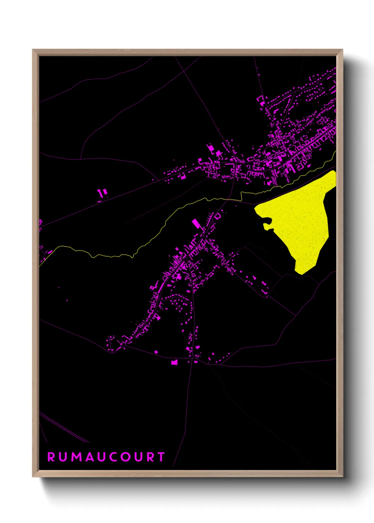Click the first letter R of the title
click(51, 457)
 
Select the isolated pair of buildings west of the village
click(102, 193)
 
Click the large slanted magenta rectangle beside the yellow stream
click(196, 224)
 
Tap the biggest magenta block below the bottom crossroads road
click(174, 362)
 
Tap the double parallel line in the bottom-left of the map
click(64, 428)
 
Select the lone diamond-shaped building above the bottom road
click(156, 352)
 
